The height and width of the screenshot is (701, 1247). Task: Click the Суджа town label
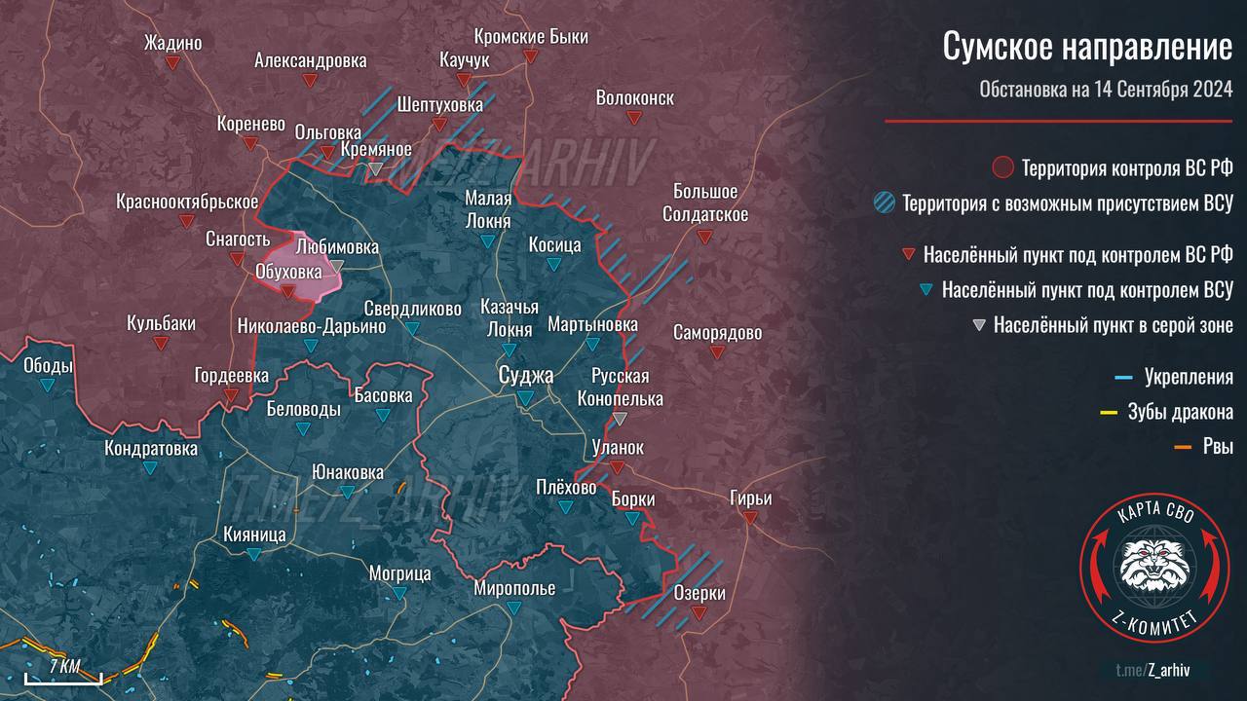[x=525, y=376]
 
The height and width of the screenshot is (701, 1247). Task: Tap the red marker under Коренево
[x=250, y=144]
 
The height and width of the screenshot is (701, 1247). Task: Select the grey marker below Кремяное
[x=376, y=169]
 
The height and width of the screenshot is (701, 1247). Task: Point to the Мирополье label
[x=514, y=588]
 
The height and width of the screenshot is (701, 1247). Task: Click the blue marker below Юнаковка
[x=346, y=491]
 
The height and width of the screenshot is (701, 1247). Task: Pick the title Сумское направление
[x=1087, y=48]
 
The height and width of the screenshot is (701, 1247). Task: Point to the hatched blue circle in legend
[x=885, y=203]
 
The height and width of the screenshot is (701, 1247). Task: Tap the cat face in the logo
[x=1153, y=567]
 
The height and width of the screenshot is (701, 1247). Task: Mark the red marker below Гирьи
[x=750, y=518]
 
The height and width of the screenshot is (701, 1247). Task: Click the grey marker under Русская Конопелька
[x=621, y=419]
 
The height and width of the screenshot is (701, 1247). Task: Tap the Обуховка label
[x=287, y=271]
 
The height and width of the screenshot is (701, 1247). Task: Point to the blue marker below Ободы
[x=48, y=386]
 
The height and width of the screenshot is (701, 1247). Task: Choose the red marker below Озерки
[x=699, y=612]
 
